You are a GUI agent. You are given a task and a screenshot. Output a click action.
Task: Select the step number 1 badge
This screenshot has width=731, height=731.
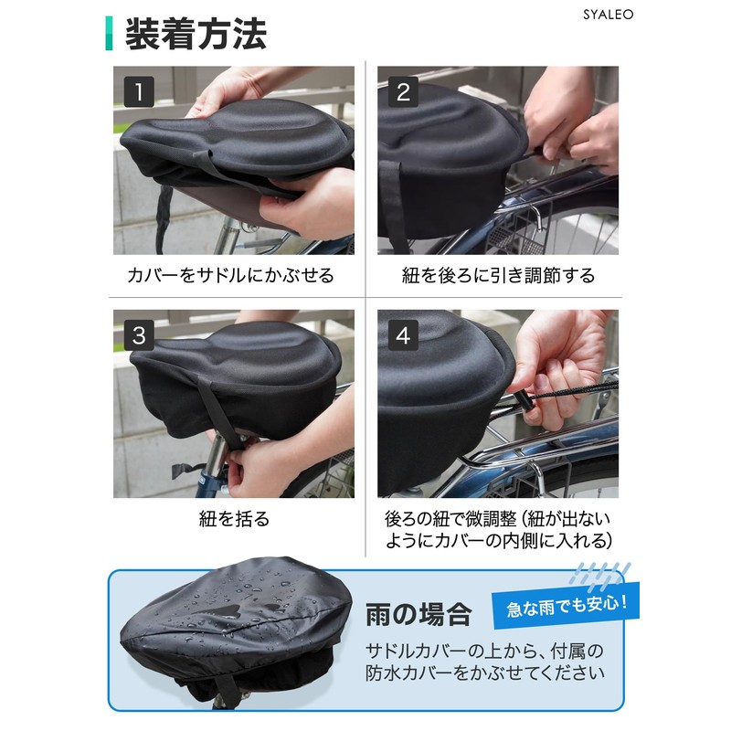coord(139,91)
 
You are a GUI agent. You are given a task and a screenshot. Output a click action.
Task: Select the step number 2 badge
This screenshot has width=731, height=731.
coord(403,91)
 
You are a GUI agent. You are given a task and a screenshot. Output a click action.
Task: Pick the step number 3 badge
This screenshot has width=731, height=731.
coord(139,335)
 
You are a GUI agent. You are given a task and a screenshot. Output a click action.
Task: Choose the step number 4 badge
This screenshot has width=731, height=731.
coord(403,335)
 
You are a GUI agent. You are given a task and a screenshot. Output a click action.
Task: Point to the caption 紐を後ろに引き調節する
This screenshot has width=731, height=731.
coord(498,275)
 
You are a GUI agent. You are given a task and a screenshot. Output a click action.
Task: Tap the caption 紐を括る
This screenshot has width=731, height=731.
coord(234,519)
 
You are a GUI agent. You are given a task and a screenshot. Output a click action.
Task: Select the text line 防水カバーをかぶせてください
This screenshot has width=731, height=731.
coord(484,675)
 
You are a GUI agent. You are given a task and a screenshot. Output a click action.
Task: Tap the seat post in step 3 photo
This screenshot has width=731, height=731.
coord(213,466)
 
